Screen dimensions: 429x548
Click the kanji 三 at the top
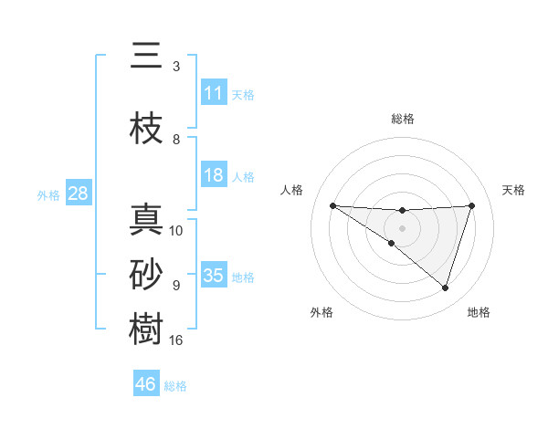pos(146,58)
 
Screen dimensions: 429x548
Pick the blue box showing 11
pos(214,92)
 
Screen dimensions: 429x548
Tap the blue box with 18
pos(214,175)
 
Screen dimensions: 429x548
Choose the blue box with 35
pos(214,275)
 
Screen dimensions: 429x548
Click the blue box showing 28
pos(78,194)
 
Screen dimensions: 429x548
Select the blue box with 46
pos(146,383)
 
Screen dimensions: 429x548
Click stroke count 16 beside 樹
pos(176,341)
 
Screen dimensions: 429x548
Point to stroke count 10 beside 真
pos(176,231)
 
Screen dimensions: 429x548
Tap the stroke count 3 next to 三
pos(176,67)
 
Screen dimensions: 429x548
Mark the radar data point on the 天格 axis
pos(471,205)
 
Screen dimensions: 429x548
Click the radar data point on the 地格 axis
pos(445,288)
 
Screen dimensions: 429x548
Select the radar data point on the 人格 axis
pos(332,205)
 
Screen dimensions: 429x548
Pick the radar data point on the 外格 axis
pos(392,243)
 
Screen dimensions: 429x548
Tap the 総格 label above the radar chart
pos(402,119)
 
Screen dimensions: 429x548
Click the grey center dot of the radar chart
pos(402,227)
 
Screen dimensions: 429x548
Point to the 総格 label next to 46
pos(175,385)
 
